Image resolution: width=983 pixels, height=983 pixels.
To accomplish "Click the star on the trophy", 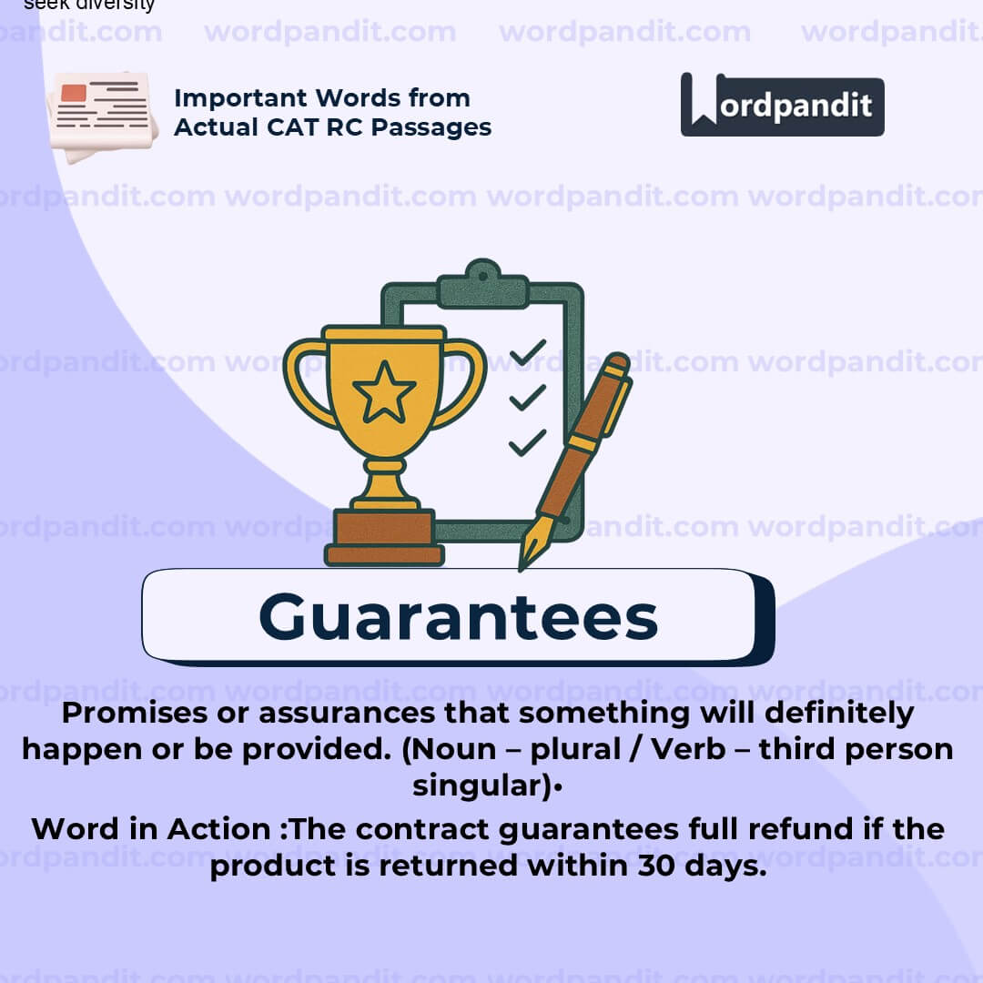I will pos(383,392).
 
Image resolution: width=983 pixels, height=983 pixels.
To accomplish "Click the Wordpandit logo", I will pos(782,105).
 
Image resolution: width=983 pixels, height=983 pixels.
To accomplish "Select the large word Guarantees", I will pos(458,617).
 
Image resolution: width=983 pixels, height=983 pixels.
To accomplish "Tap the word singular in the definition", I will pos(478,785).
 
